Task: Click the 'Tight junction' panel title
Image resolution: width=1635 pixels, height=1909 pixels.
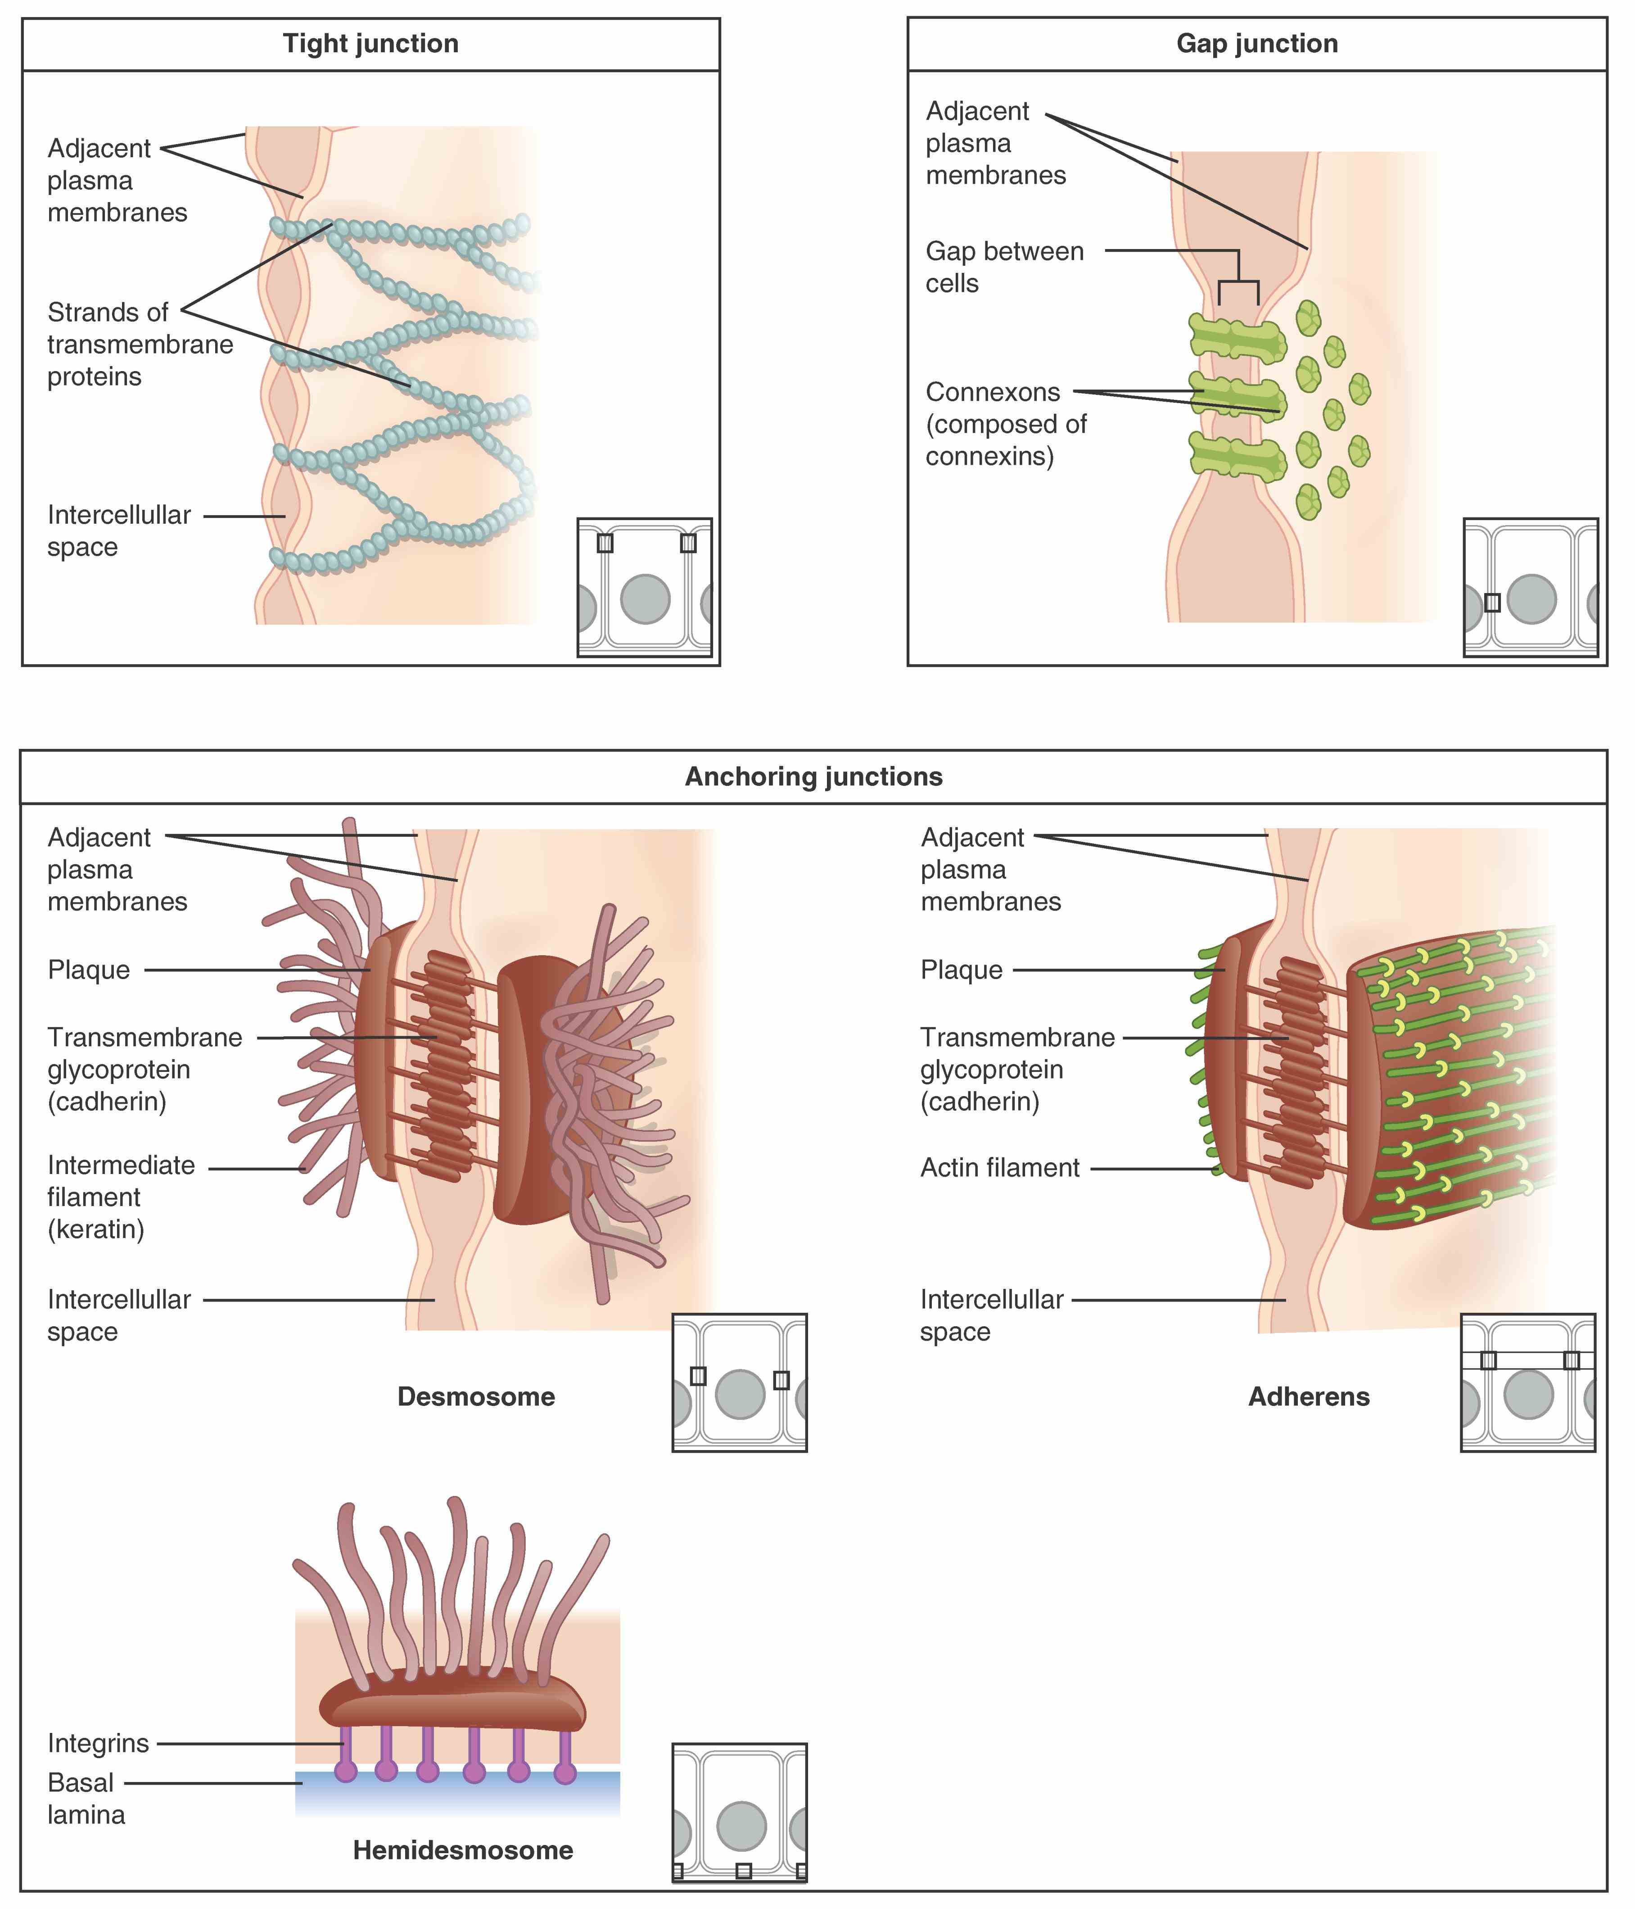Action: tap(370, 44)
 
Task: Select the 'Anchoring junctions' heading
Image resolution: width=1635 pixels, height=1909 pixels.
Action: tap(813, 777)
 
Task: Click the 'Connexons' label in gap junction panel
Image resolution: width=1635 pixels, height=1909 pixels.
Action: tap(993, 393)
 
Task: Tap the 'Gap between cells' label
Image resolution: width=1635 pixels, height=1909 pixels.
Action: tap(1004, 267)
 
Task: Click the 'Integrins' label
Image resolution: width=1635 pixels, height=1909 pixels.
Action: tap(98, 1743)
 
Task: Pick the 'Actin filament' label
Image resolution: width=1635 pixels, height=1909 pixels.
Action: tap(999, 1168)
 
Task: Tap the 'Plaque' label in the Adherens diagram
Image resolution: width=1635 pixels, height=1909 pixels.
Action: tap(961, 970)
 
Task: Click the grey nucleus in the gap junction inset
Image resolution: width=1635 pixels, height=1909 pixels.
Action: tap(1531, 599)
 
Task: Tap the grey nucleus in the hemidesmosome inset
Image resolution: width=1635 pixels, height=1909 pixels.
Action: tap(741, 1826)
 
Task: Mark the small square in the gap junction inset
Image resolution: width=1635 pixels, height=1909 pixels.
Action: tap(1492, 603)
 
